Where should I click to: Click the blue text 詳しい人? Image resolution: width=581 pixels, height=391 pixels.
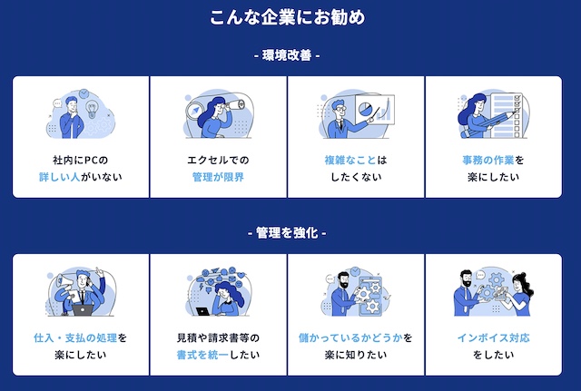[57, 177]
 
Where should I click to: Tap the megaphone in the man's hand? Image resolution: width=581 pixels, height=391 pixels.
[59, 283]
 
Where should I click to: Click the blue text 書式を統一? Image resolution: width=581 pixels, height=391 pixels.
[202, 355]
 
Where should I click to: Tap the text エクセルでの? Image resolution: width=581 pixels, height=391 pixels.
[219, 160]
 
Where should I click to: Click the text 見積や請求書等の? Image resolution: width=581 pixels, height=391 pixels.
[219, 337]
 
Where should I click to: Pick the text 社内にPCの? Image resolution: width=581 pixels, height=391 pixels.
[82, 160]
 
